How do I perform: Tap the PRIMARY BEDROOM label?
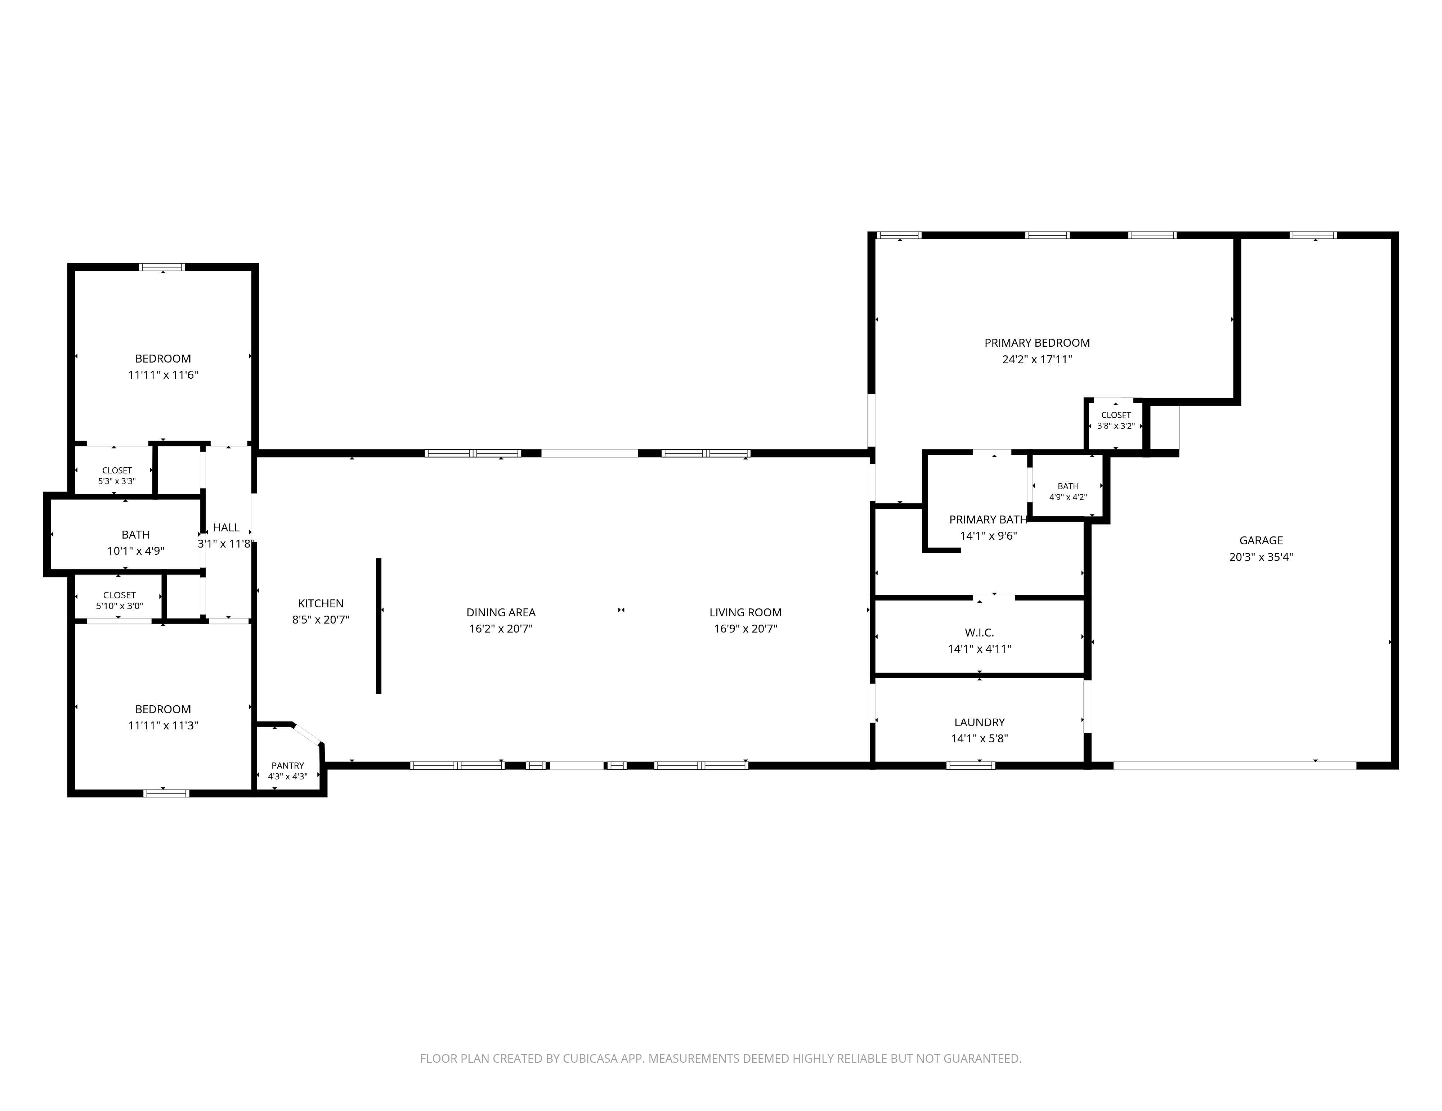point(1036,343)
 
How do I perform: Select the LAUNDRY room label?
point(979,722)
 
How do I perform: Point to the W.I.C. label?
point(979,633)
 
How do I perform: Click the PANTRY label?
point(287,766)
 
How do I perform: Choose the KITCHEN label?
point(321,603)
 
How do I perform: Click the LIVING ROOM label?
point(745,613)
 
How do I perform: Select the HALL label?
point(227,527)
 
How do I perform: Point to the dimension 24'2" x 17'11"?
point(1036,360)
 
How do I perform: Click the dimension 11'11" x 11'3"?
point(163,725)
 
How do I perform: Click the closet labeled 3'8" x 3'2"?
point(1116,420)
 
